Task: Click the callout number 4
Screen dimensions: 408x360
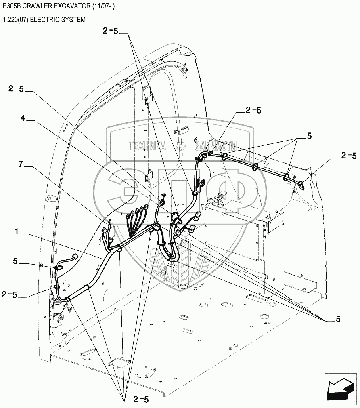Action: click(23, 118)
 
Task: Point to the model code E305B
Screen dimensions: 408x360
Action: click(13, 8)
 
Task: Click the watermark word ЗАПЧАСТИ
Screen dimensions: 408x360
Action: click(215, 146)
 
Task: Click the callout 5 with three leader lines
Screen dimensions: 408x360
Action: click(309, 136)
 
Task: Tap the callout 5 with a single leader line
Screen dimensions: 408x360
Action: click(15, 261)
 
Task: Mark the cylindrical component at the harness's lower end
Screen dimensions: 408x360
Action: click(59, 308)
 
